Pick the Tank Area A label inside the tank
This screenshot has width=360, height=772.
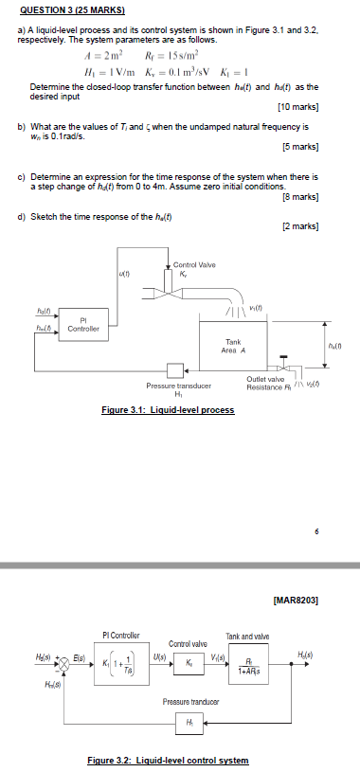click(233, 346)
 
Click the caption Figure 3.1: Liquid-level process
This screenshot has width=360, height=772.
click(168, 409)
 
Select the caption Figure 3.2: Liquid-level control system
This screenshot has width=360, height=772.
click(168, 760)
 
